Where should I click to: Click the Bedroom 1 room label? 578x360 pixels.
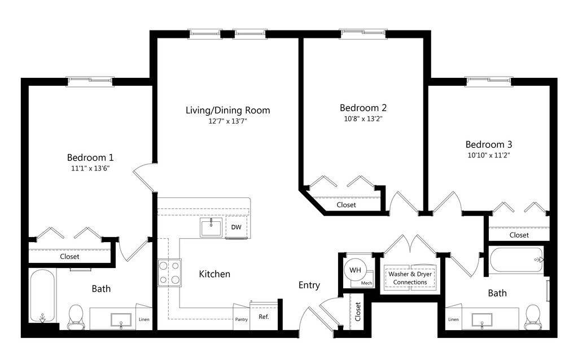(x=90, y=157)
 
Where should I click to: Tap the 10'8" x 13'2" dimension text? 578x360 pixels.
(x=363, y=118)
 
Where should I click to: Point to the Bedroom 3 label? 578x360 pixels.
(x=489, y=144)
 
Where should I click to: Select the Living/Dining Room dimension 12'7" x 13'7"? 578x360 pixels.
(x=228, y=121)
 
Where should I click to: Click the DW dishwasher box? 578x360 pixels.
(x=237, y=227)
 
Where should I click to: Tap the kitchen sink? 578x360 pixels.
(x=211, y=227)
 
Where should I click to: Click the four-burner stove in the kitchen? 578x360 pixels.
(x=169, y=273)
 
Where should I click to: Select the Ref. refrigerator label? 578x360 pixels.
(x=264, y=317)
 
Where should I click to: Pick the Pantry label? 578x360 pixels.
(x=242, y=319)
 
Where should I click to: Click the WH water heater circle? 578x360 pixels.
(x=355, y=270)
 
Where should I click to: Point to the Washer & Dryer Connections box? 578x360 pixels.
(x=410, y=278)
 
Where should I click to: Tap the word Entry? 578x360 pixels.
(x=309, y=285)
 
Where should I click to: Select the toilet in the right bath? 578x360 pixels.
(x=533, y=317)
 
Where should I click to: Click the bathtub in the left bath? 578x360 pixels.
(x=42, y=296)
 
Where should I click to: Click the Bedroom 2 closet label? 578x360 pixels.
(x=346, y=205)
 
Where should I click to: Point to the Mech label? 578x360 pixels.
(x=366, y=283)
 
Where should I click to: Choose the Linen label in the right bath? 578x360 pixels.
(x=453, y=319)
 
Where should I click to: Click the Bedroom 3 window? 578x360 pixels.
(x=488, y=81)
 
